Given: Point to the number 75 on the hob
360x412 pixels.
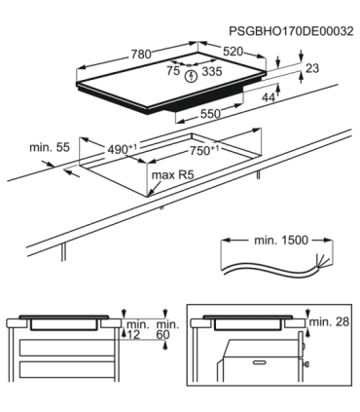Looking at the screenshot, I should click(172, 71).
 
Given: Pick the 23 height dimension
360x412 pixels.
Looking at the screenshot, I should click(311, 68).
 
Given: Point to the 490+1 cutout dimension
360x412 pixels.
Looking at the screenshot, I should click(123, 151).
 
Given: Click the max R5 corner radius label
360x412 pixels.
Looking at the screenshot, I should click(171, 176).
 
